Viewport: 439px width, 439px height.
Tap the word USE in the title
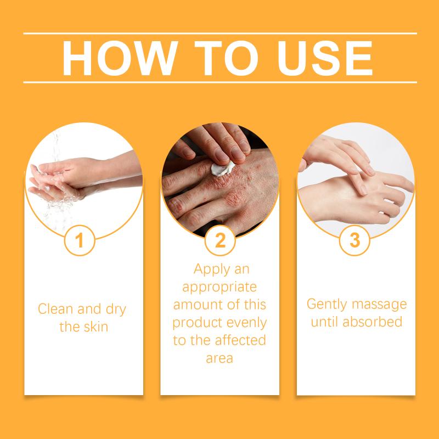click(325, 58)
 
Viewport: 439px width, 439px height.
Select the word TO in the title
click(226, 58)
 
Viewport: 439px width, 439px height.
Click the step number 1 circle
click(80, 240)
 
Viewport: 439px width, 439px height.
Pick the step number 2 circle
click(220, 240)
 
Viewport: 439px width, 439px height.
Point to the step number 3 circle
click(354, 240)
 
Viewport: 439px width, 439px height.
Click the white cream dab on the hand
click(223, 168)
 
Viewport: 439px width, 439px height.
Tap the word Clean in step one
click(55, 309)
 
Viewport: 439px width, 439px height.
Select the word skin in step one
click(96, 327)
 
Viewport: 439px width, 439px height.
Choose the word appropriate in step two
click(219, 288)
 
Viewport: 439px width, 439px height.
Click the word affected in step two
click(240, 340)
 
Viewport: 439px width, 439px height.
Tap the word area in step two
click(219, 359)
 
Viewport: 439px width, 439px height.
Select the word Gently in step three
click(327, 305)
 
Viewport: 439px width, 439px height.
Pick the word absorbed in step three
click(373, 322)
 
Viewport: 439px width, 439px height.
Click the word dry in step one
click(116, 309)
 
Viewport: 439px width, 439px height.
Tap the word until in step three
click(325, 322)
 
